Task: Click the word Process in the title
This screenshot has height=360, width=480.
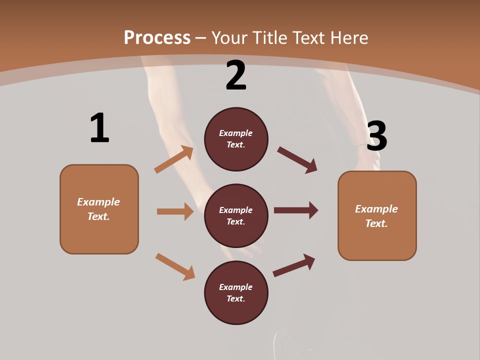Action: (157, 38)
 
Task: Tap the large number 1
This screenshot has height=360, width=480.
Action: (99, 128)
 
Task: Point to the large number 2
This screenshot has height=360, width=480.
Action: (236, 75)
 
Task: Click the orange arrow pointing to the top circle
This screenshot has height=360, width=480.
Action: (174, 159)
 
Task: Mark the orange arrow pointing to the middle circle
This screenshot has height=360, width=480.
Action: (175, 211)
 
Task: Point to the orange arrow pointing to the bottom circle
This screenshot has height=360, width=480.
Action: (175, 266)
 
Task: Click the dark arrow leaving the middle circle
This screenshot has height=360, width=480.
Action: (296, 210)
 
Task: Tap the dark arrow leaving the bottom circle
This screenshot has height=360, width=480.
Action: (294, 265)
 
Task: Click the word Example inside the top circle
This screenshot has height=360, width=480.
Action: (236, 133)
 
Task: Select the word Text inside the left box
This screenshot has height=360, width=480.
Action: (98, 216)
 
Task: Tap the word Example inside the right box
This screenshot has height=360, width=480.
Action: (376, 209)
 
